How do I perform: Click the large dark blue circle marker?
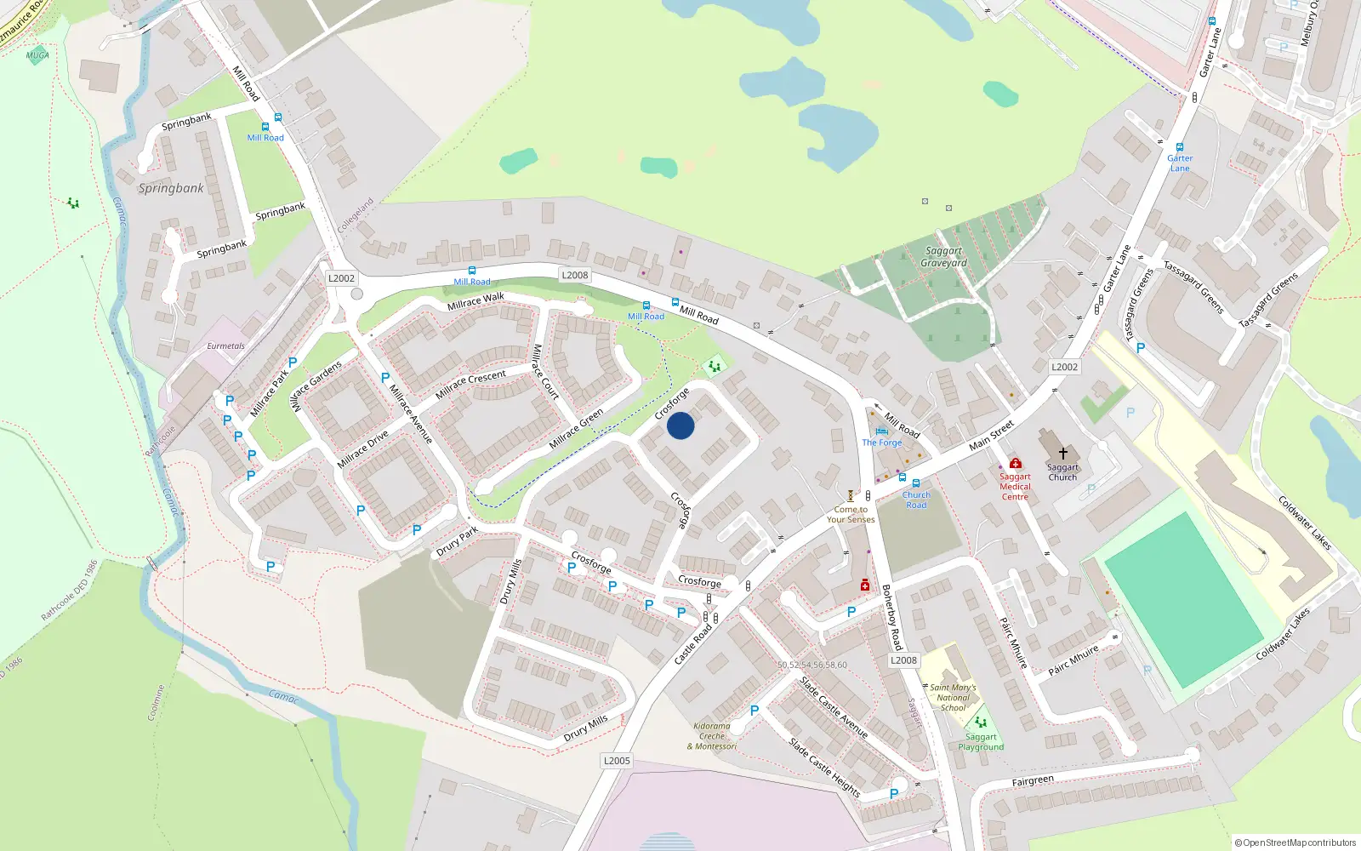[680, 425]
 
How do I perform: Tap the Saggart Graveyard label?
[943, 257]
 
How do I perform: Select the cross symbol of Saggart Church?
[1062, 454]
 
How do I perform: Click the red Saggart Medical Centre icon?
[1015, 464]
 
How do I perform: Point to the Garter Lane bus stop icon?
[1180, 147]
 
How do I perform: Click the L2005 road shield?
[617, 761]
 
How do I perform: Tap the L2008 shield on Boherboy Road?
[903, 660]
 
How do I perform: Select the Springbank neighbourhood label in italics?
[171, 188]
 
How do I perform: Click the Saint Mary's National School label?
[953, 697]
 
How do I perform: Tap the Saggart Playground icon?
[981, 722]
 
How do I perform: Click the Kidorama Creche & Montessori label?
[712, 736]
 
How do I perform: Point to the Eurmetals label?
[225, 346]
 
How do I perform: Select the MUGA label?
[37, 55]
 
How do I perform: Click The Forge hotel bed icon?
[881, 431]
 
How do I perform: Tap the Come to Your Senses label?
[850, 515]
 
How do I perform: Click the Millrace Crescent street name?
[470, 385]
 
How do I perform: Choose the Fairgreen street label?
[1033, 781]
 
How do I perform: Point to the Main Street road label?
[992, 435]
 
